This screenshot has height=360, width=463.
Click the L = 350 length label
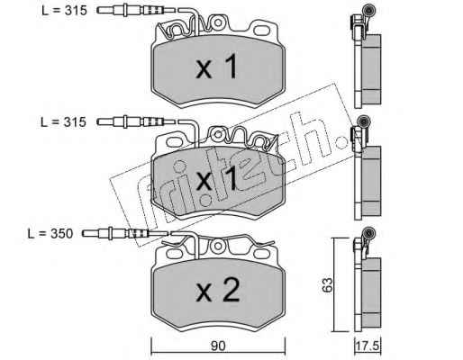pos(50,234)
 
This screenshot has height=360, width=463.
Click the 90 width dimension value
pos(218,346)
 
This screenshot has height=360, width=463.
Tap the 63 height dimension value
pos(328,285)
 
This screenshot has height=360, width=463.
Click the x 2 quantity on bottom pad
pos(218,290)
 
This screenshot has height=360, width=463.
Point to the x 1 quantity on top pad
pos(217,67)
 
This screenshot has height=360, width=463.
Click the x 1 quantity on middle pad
pos(217,179)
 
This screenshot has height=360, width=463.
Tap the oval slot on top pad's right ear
pos(262,30)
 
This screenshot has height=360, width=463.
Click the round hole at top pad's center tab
pos(218,22)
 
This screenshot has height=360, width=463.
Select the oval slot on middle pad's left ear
pos(175,141)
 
